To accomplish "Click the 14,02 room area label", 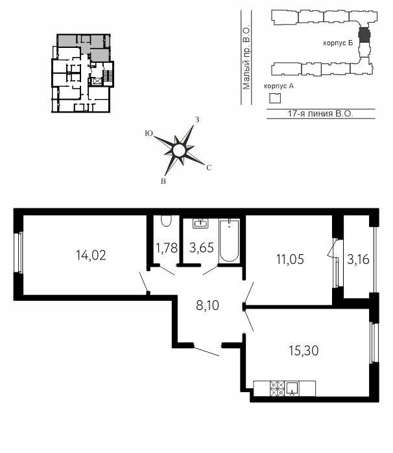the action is (91, 255).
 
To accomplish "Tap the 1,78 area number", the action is (167, 248).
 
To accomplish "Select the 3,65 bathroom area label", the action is (202, 248).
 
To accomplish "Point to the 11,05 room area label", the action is (290, 260).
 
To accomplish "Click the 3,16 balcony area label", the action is (358, 260).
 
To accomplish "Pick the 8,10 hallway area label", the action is (208, 305).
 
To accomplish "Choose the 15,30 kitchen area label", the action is (304, 351).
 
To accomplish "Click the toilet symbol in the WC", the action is (166, 221).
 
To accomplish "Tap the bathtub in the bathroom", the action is (230, 241).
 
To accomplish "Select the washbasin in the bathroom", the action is (200, 223).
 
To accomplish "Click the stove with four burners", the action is (277, 388).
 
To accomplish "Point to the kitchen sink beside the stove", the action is (292, 388).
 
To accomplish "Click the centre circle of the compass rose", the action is (179, 151).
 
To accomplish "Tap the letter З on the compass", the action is (197, 120).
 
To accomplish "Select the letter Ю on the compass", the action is (149, 133).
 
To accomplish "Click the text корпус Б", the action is (338, 43).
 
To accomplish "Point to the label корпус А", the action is (279, 86).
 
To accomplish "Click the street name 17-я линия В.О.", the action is (320, 113).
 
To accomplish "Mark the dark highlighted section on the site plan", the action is (364, 34).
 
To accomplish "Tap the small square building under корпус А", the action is (275, 98).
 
